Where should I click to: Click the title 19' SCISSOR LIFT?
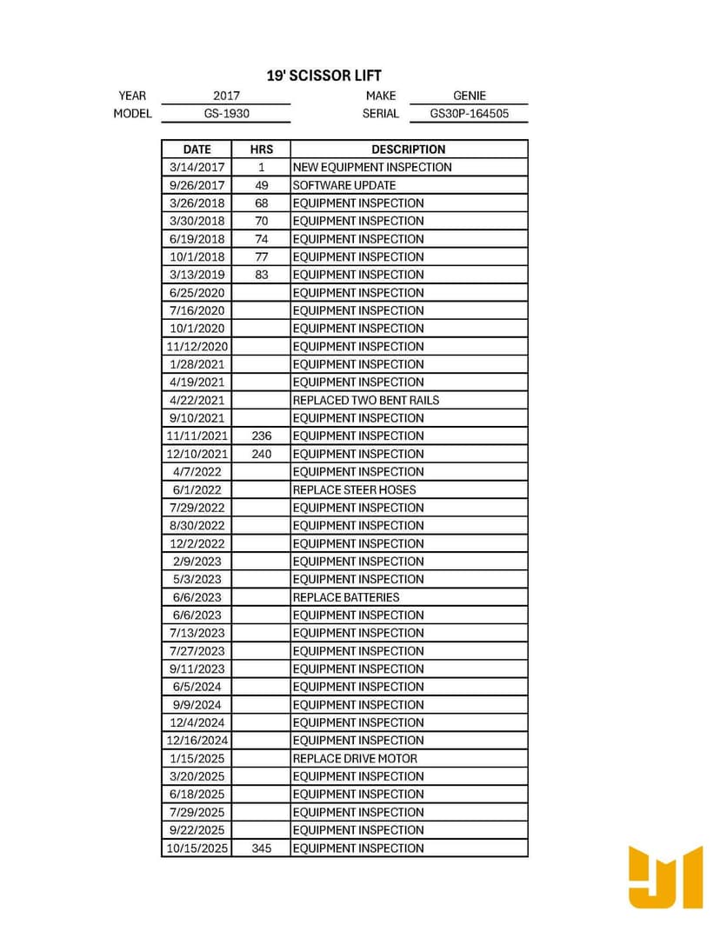tap(323, 76)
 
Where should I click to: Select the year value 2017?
tap(226, 96)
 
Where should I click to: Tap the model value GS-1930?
tap(226, 114)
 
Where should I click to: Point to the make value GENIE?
tap(470, 96)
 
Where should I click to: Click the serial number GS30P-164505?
tap(470, 114)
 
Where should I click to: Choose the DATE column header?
tap(197, 150)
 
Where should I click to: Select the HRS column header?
tap(262, 150)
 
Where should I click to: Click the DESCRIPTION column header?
tap(409, 150)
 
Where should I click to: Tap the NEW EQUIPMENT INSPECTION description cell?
tap(372, 167)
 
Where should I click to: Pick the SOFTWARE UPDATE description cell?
tap(344, 185)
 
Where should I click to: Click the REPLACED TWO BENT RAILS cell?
tap(366, 400)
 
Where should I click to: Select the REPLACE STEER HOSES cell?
tap(354, 489)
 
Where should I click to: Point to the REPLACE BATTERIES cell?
tap(346, 597)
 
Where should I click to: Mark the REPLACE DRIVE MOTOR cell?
tap(355, 758)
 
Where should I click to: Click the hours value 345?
tap(262, 848)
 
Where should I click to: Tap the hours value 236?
tap(262, 436)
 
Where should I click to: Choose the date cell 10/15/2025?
tap(197, 848)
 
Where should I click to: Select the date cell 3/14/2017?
tap(197, 167)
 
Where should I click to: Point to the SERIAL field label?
tap(381, 114)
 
